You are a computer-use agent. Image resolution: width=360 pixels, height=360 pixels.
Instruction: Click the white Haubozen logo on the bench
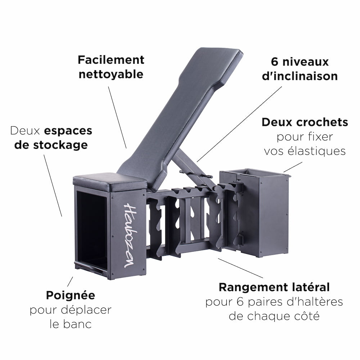click(x=130, y=235)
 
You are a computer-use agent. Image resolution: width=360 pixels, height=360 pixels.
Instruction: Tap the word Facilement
click(x=111, y=60)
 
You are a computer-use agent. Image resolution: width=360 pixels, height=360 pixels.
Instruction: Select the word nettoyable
click(x=111, y=75)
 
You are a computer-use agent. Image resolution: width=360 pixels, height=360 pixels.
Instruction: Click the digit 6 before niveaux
click(x=274, y=62)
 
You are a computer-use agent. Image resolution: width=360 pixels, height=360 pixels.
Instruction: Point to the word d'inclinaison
click(x=300, y=76)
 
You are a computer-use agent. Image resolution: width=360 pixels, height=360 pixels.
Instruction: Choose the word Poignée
click(x=71, y=296)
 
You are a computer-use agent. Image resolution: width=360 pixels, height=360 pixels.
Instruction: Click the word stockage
click(x=60, y=145)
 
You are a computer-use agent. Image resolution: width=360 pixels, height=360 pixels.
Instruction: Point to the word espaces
click(x=68, y=131)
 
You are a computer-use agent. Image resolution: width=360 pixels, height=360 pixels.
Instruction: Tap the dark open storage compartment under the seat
click(x=92, y=230)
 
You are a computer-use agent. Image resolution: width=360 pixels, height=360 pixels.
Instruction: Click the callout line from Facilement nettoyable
click(x=117, y=117)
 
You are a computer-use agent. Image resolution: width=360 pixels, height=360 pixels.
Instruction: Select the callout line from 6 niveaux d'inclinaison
click(x=239, y=124)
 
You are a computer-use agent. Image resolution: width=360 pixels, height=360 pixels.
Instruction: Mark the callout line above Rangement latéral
click(x=240, y=268)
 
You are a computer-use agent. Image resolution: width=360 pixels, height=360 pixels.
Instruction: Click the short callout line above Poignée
click(x=70, y=282)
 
